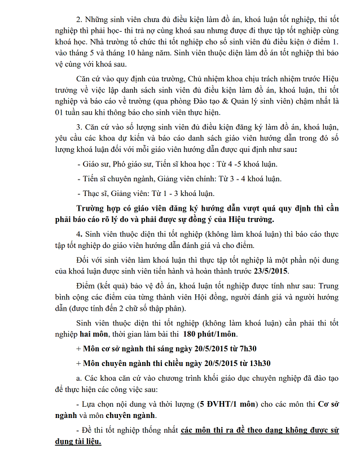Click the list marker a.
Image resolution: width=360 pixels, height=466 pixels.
point(78,377)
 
